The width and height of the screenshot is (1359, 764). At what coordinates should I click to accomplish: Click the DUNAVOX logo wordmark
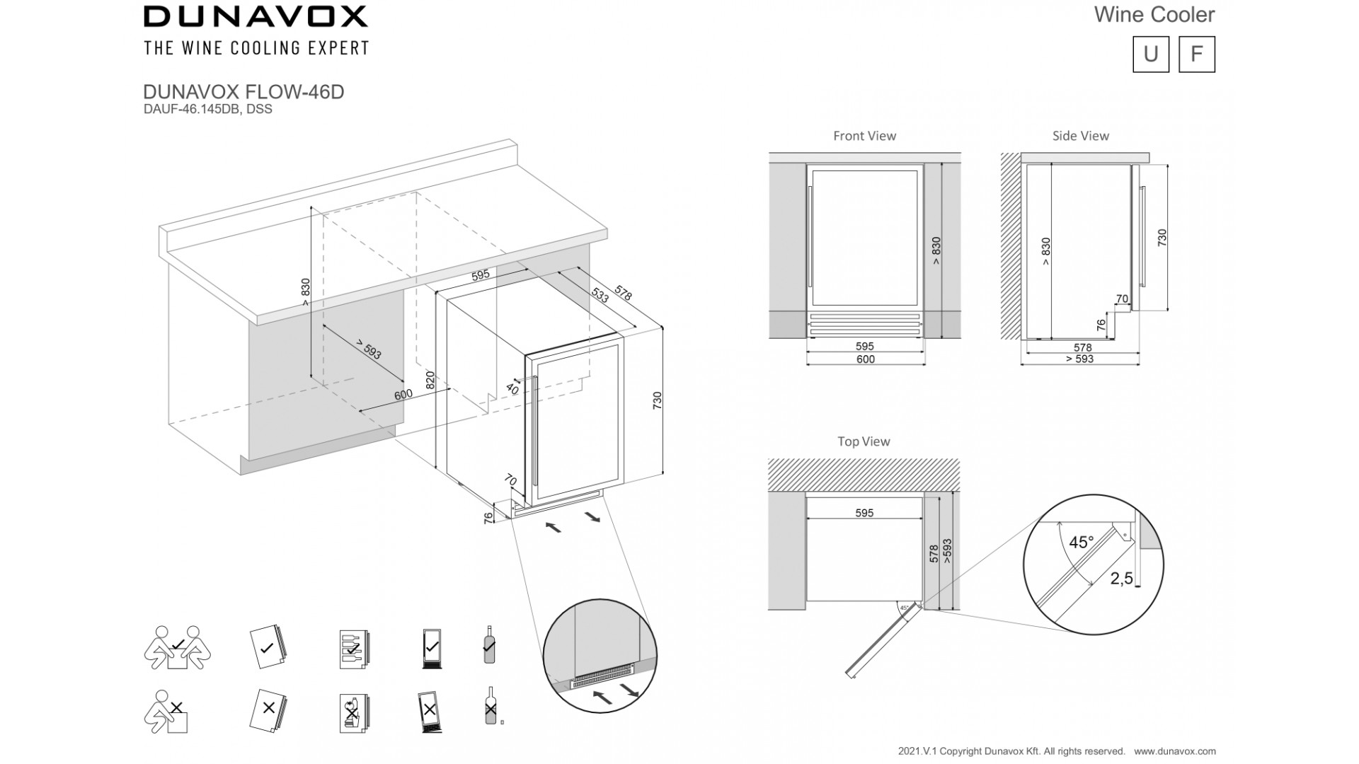pos(256,16)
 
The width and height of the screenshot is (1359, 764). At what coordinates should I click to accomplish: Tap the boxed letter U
pos(1151,54)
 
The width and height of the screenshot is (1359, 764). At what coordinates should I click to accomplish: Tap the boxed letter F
pos(1196,54)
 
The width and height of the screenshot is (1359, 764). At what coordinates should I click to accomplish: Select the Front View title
pos(864,136)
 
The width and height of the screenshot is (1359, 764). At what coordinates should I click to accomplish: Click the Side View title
pos(1080,136)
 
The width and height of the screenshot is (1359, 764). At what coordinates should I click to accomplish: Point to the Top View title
pos(864,441)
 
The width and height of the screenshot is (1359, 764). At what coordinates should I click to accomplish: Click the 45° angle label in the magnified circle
pos(1081,543)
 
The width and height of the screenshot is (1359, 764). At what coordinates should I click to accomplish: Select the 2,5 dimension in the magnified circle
pos(1122,579)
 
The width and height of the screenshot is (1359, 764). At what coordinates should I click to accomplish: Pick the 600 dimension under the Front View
pos(866,359)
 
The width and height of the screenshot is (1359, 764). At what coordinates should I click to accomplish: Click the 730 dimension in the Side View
pos(1162,238)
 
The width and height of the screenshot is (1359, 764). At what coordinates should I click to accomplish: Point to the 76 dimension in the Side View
pos(1101,325)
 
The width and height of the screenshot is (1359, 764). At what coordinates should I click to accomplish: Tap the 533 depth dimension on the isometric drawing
pos(600,296)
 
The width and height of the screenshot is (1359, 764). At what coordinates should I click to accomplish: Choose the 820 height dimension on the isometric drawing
pos(430,380)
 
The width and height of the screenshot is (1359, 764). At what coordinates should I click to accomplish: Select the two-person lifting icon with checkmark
pos(177,647)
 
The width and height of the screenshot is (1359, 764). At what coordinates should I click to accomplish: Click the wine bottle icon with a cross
pos(489,706)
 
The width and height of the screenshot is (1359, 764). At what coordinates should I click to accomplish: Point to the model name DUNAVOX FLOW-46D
pos(243,92)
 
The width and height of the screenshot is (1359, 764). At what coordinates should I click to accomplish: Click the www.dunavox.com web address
pos(1175,751)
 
